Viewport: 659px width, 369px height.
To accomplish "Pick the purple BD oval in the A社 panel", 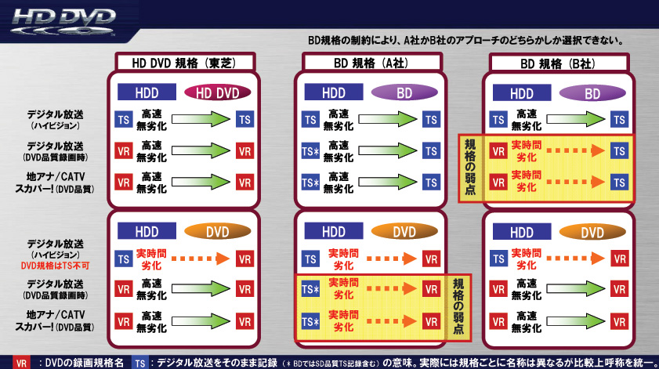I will (404, 93).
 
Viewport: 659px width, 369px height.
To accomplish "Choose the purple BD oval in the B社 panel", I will (592, 93).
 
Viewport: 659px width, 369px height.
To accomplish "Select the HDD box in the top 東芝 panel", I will (147, 93).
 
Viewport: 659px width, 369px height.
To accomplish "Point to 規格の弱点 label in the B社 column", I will (469, 167).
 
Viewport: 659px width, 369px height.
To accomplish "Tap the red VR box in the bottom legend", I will (21, 363).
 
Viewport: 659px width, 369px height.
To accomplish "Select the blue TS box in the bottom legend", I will (139, 363).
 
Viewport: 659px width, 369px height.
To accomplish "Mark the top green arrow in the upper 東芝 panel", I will (200, 119).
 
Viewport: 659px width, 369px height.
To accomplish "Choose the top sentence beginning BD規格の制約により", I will (465, 40).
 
